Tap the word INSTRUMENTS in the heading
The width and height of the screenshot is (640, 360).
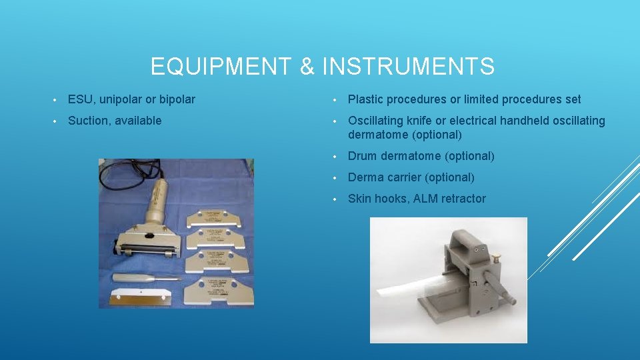[408, 67]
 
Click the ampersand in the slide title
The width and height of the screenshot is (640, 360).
[307, 67]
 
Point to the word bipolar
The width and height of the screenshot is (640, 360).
[177, 99]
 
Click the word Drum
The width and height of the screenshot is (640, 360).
[362, 156]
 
